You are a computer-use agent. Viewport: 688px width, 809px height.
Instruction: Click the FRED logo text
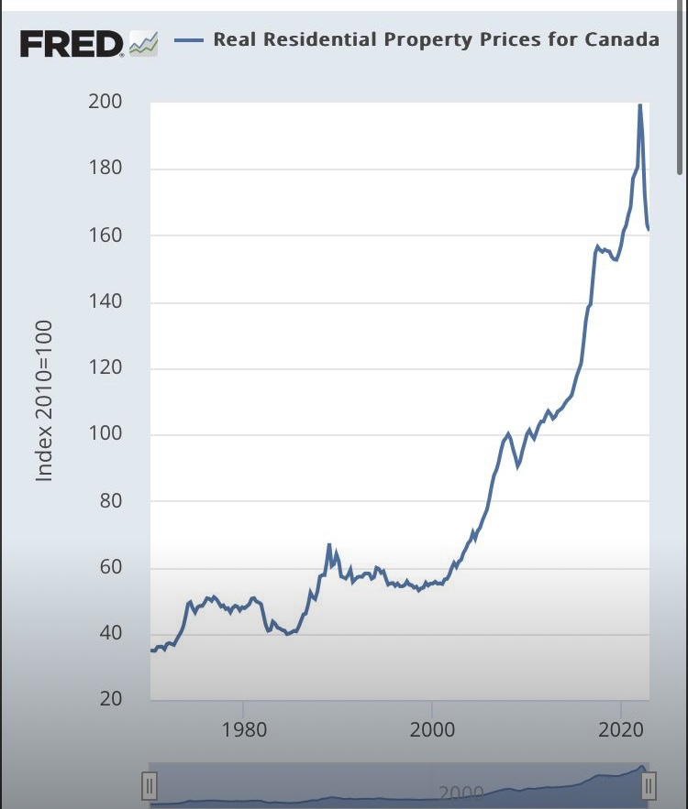pos(71,43)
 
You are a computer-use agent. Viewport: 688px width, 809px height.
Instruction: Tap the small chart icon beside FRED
pos(143,42)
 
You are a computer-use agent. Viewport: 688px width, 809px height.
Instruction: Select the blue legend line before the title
pos(187,39)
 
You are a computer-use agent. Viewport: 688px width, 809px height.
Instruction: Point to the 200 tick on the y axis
pos(105,102)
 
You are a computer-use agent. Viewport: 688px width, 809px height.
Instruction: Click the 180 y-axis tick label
pos(105,169)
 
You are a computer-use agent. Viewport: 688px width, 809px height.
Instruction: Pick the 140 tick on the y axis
pos(105,302)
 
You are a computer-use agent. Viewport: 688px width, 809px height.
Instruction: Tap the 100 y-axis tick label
pos(105,435)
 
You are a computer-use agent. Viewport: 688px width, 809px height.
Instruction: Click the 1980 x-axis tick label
pos(244,730)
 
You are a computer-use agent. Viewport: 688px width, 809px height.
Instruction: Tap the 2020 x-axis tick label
pos(621,730)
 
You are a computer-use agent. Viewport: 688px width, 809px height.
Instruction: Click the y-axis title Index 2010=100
pos(43,400)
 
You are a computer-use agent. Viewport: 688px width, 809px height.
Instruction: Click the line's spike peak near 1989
pos(328,545)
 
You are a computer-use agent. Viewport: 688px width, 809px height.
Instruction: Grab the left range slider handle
pos(150,785)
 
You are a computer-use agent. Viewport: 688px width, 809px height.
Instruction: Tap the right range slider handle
pos(649,785)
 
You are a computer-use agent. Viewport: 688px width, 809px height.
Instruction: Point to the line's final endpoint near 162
pos(649,229)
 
